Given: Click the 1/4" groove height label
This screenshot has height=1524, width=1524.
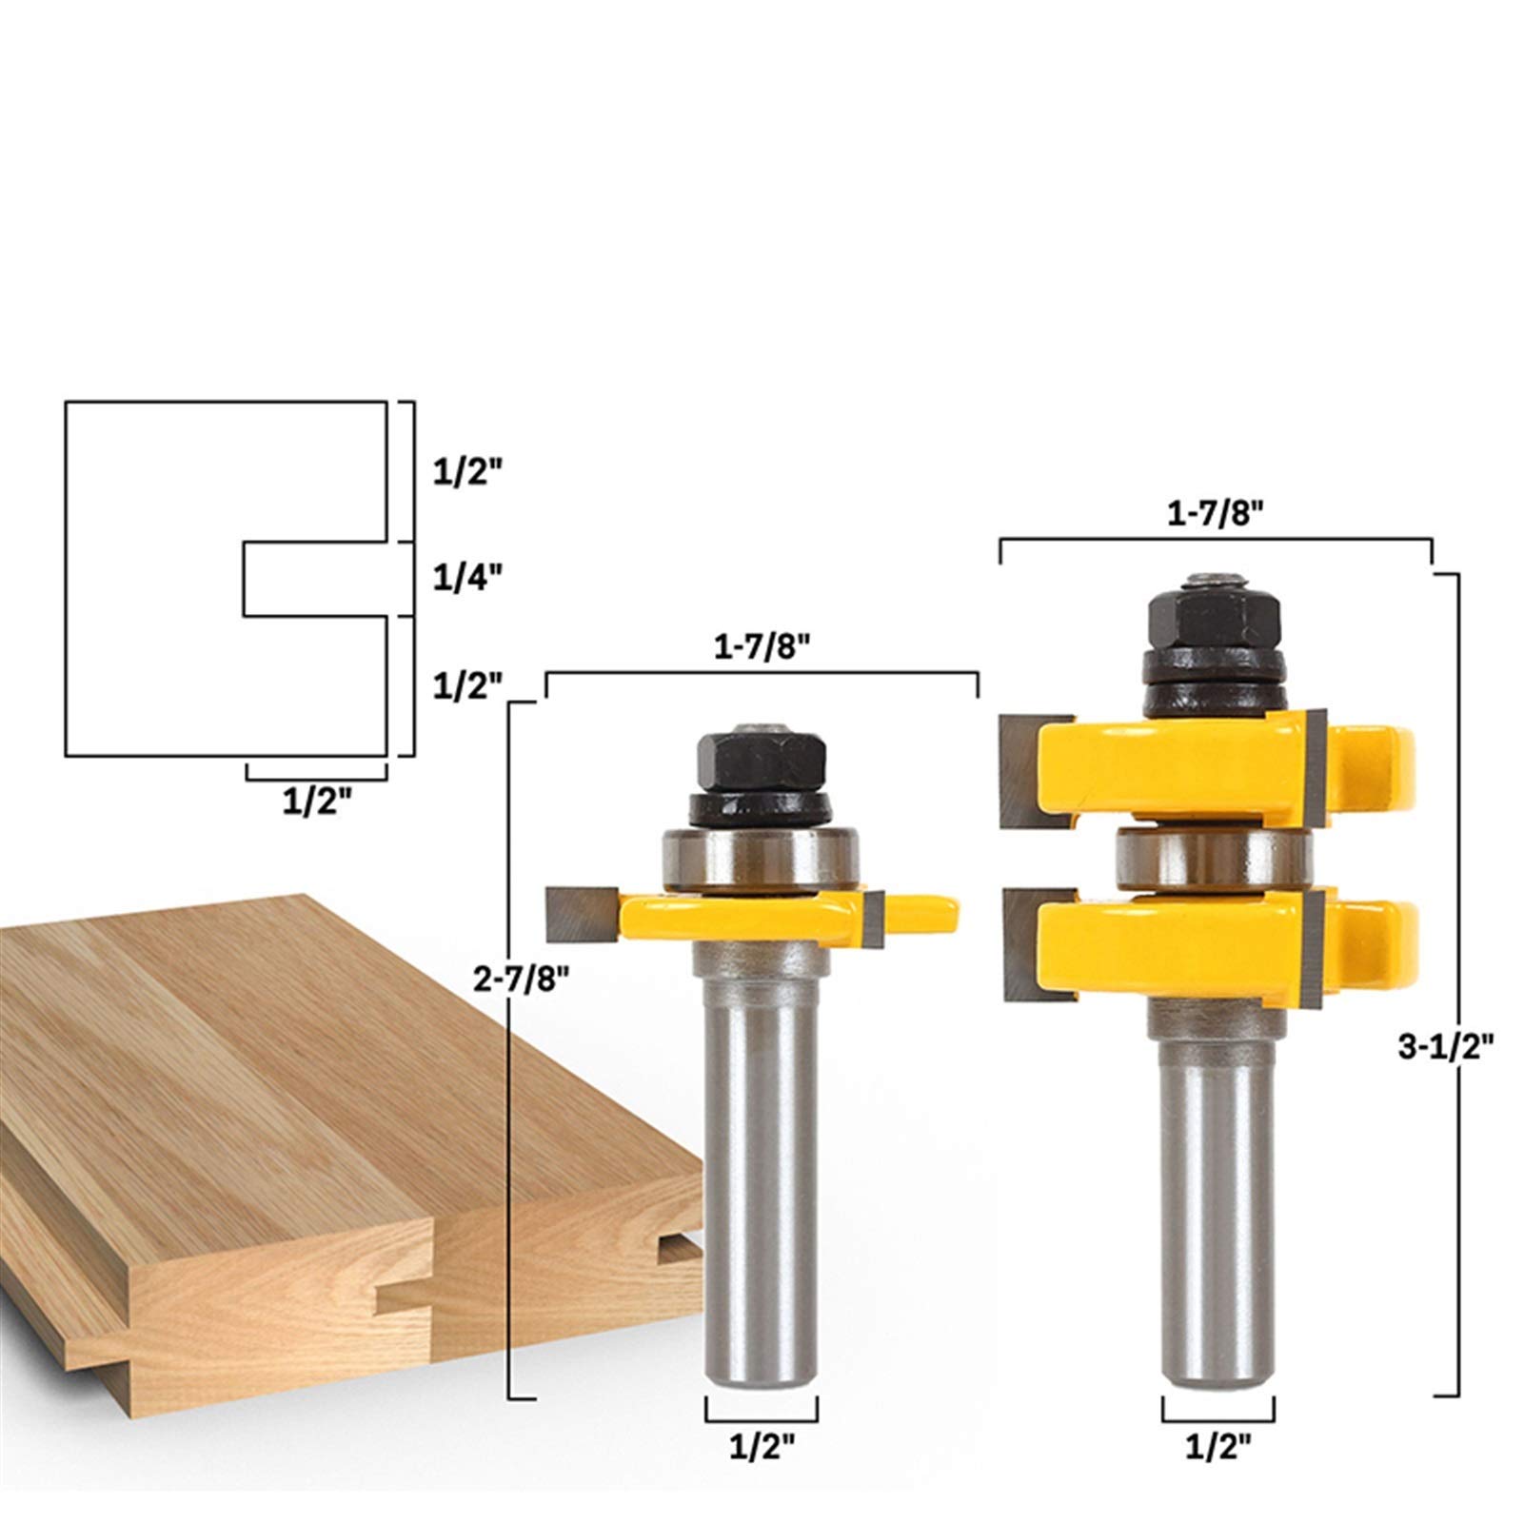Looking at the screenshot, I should pos(466,578).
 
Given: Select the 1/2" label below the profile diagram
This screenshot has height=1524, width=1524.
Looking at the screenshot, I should pos(317,802).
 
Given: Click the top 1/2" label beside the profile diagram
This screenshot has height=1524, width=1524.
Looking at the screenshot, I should pos(466,472).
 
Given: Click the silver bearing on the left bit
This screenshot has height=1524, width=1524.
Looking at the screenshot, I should pos(761,861).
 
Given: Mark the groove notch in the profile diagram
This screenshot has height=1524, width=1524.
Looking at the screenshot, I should pos(314,580).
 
